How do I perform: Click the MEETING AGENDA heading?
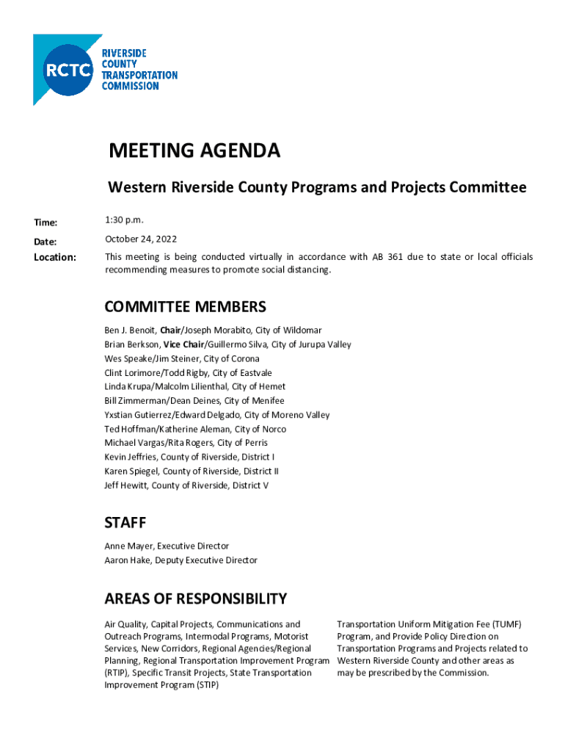click(194, 151)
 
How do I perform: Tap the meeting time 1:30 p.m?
click(125, 220)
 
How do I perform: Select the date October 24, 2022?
click(141, 239)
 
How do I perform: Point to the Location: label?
click(55, 257)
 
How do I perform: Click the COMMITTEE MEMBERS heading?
click(185, 306)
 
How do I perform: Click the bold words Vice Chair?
click(183, 344)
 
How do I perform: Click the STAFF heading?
click(125, 523)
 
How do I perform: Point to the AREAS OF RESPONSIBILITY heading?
click(195, 599)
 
